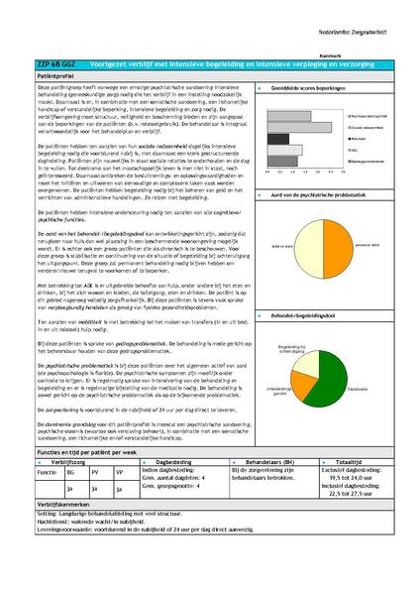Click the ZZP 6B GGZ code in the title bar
pos(51,61)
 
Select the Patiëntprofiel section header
pos(58,74)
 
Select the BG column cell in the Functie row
pos(69,473)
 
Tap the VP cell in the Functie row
pos(119,473)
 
